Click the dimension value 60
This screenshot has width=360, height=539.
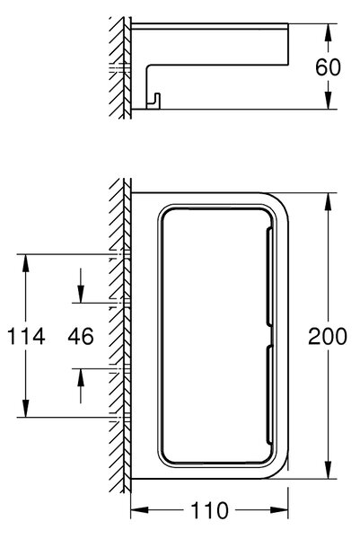tap(328, 67)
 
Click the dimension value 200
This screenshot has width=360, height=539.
tap(328, 336)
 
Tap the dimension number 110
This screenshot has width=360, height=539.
tap(209, 510)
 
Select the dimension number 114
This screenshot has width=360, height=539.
tap(26, 336)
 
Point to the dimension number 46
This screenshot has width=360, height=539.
tap(81, 336)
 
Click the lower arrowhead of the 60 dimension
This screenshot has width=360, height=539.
tap(329, 101)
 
